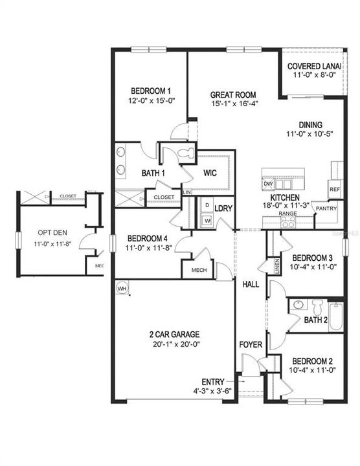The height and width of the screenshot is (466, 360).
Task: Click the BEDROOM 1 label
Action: pos(151,91)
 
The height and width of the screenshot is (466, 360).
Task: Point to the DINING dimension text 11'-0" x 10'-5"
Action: pos(309,134)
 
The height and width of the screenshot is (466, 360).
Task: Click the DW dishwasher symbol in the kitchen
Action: pos(268,184)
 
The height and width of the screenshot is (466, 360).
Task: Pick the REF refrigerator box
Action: pos(334,190)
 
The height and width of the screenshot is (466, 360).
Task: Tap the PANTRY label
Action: pos(325,209)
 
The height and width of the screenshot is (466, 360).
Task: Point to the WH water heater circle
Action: pos(122,287)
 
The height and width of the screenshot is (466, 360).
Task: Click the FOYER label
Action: pos(251,344)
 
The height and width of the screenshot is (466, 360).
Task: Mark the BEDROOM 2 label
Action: pos(312,361)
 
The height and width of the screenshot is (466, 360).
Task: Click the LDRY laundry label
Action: pos(223,208)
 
